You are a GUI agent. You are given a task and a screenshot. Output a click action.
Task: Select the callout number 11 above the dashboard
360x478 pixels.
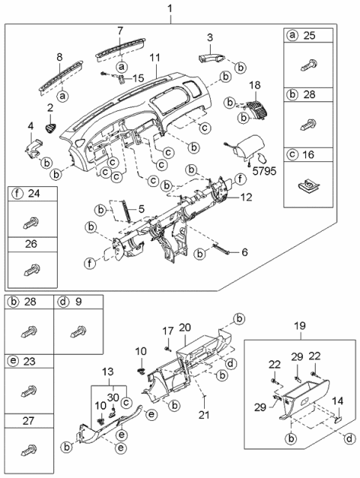[x=153, y=58]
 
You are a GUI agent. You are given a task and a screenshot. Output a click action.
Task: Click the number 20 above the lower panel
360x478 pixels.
[x=185, y=327]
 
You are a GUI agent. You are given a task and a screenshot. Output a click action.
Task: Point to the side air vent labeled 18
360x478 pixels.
[x=257, y=110]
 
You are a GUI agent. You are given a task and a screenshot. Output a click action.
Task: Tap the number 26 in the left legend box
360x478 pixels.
[x=29, y=244]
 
